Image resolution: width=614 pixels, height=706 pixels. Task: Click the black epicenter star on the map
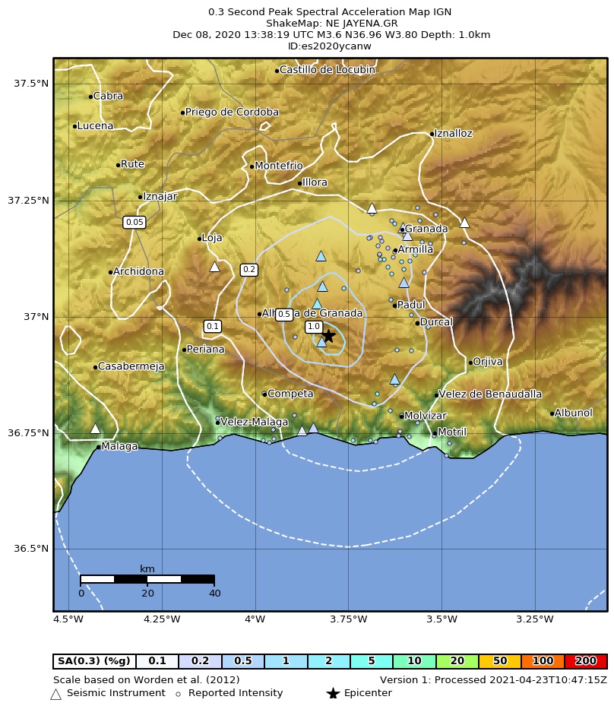[328, 335]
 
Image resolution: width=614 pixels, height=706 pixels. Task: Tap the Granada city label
[426, 229]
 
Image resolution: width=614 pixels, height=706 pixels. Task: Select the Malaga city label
[119, 446]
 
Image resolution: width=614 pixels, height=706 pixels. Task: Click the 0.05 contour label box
[134, 222]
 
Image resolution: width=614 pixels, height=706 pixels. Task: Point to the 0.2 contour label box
[248, 270]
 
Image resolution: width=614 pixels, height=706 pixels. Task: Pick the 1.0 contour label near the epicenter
[313, 327]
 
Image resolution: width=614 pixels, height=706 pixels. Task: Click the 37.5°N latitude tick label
[31, 83]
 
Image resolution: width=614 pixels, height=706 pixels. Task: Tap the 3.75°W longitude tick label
[348, 619]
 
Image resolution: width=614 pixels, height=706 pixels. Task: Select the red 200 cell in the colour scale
[585, 661]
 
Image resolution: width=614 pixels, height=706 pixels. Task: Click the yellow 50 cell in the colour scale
[499, 661]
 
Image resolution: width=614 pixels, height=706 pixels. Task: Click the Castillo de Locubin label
[327, 70]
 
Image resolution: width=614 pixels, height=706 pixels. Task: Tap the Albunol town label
[573, 413]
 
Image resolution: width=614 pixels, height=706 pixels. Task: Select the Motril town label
[452, 432]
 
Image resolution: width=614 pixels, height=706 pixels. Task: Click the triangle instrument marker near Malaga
[95, 429]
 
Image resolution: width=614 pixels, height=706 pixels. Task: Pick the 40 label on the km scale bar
[215, 594]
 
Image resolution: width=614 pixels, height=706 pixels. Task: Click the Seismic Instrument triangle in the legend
[55, 694]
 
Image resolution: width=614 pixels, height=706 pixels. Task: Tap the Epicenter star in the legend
[332, 693]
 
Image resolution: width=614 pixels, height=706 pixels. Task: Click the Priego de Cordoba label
[232, 112]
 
